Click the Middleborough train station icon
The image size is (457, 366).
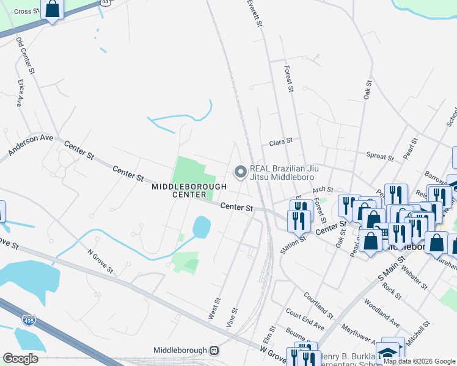pos(214,351)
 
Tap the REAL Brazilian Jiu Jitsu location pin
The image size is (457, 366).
pos(240,173)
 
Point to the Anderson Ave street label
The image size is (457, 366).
pos(31,145)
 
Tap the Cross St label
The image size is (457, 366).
pos(26,12)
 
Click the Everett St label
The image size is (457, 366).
pos(255,13)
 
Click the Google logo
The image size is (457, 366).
pos(20,359)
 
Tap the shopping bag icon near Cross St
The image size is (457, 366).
pos(53,10)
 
